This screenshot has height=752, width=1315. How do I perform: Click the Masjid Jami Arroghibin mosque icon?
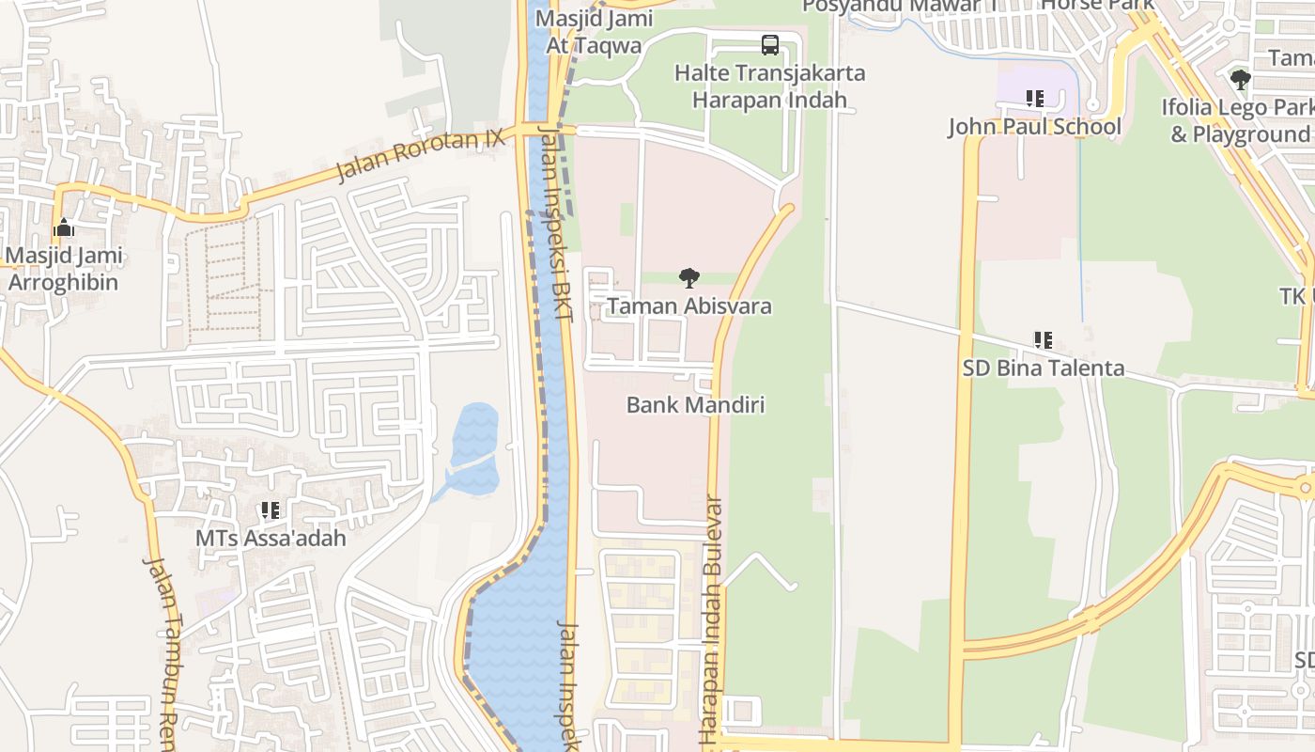coord(64,227)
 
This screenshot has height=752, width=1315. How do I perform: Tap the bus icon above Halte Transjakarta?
coord(769,44)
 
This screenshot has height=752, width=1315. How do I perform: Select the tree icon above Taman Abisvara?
coord(689,277)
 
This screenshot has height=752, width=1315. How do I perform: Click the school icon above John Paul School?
coord(1034,99)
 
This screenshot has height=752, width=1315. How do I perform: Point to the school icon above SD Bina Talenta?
coord(1043,339)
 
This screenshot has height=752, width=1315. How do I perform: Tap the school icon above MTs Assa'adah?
coord(271,510)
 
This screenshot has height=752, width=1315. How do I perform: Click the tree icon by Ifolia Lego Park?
coord(1240,80)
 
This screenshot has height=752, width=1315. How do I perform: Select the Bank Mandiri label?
coord(695,405)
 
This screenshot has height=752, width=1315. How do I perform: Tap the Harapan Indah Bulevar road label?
coord(713,620)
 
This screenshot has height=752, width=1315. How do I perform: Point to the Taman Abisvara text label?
coord(689,305)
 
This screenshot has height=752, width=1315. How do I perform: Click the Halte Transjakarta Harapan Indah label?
coord(770,86)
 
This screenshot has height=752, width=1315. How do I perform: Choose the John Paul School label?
coord(1034,126)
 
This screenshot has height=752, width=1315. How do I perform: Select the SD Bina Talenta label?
coord(1043,368)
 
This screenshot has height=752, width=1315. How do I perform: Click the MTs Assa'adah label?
coord(271,539)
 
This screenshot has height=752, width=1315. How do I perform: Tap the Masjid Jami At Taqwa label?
coord(588,32)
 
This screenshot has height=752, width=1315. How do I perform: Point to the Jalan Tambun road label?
coord(164,649)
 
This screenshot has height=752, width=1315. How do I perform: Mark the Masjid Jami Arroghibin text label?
coord(64,269)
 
